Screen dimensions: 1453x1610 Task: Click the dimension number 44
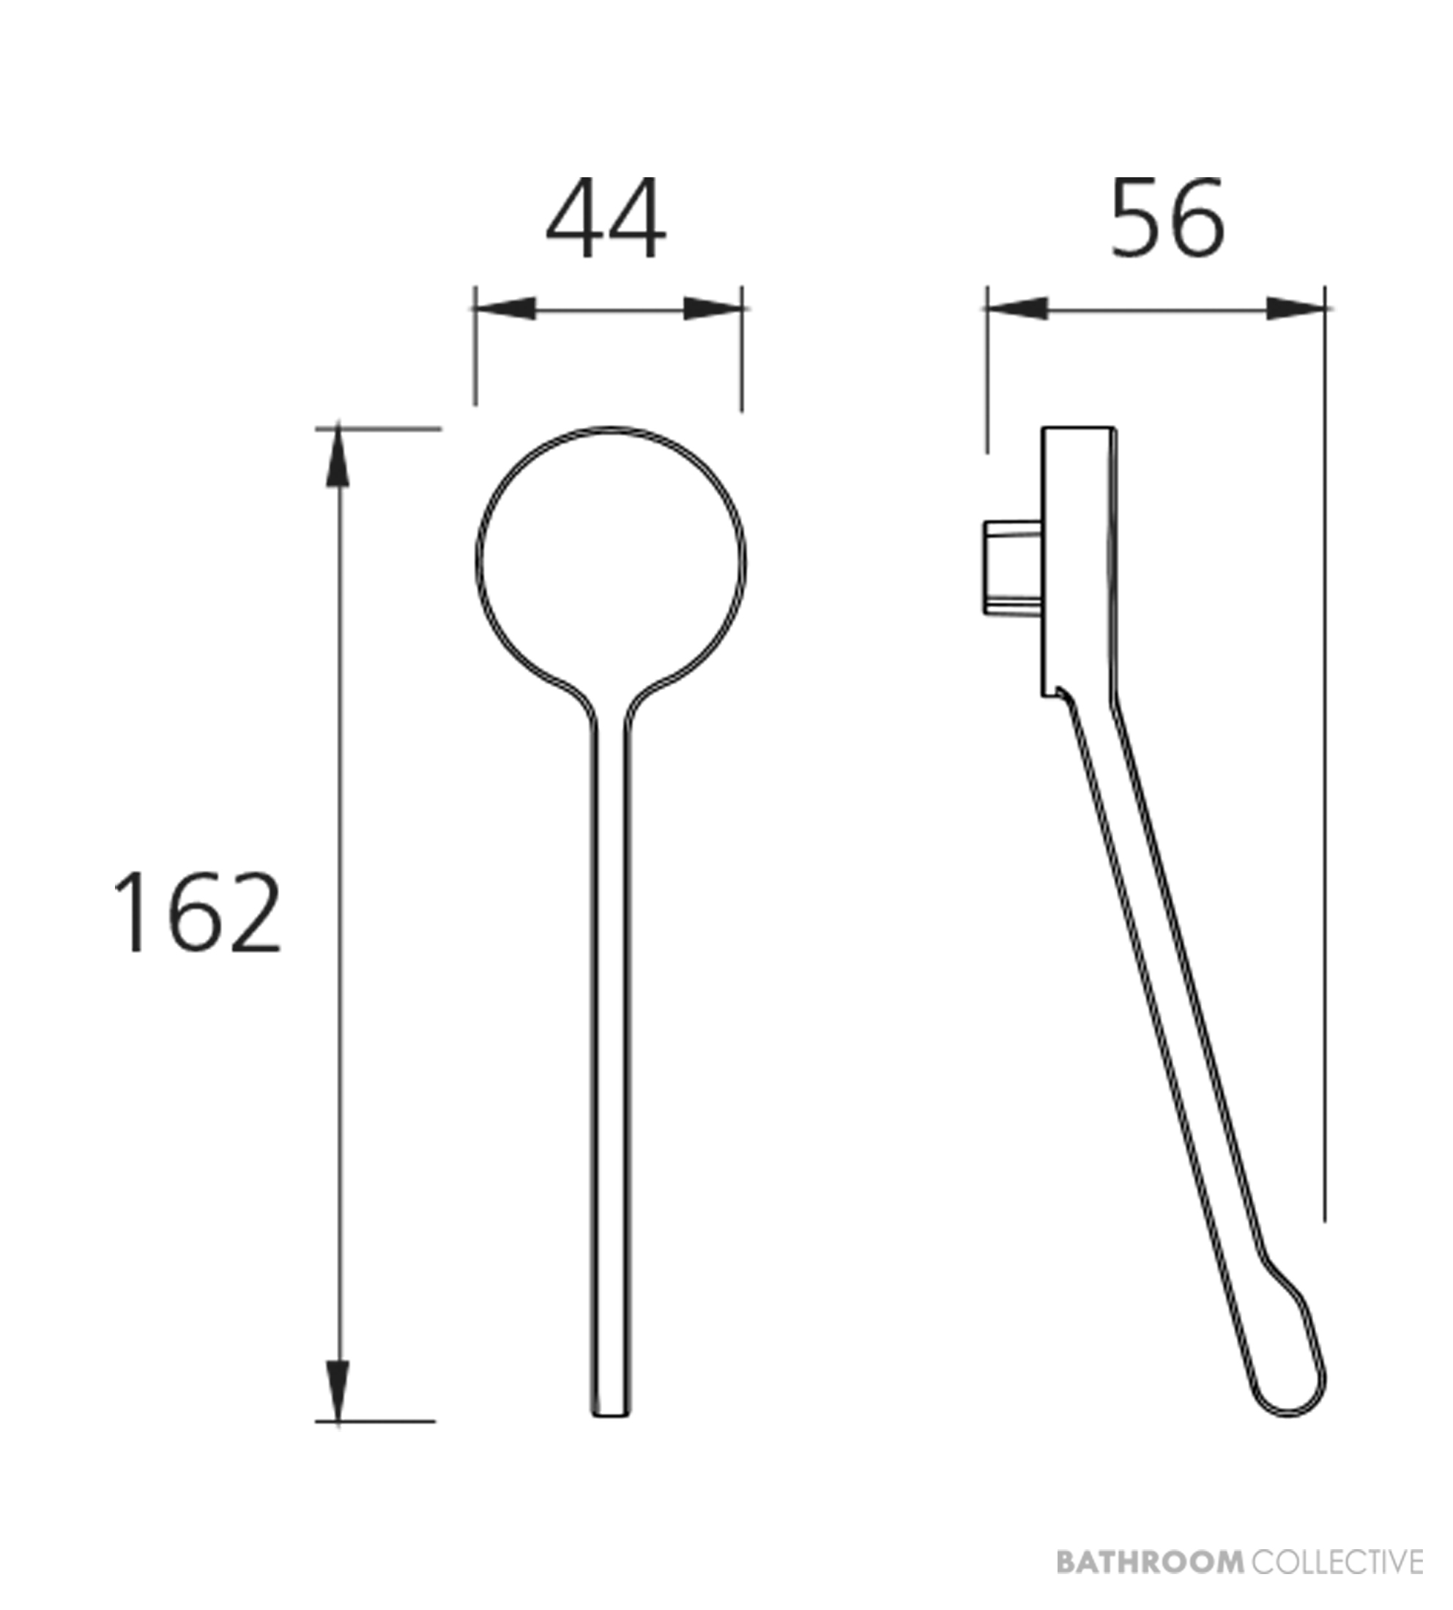click(606, 218)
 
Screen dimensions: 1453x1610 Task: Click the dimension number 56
click(1167, 218)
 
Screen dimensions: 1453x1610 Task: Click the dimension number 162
click(198, 912)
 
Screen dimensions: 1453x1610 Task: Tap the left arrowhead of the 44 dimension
click(505, 308)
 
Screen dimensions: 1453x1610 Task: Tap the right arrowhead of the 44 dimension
click(713, 308)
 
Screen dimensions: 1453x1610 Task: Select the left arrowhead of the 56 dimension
click(1017, 308)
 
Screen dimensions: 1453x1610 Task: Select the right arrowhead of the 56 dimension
click(1296, 308)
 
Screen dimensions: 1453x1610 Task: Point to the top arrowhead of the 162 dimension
click(338, 457)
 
